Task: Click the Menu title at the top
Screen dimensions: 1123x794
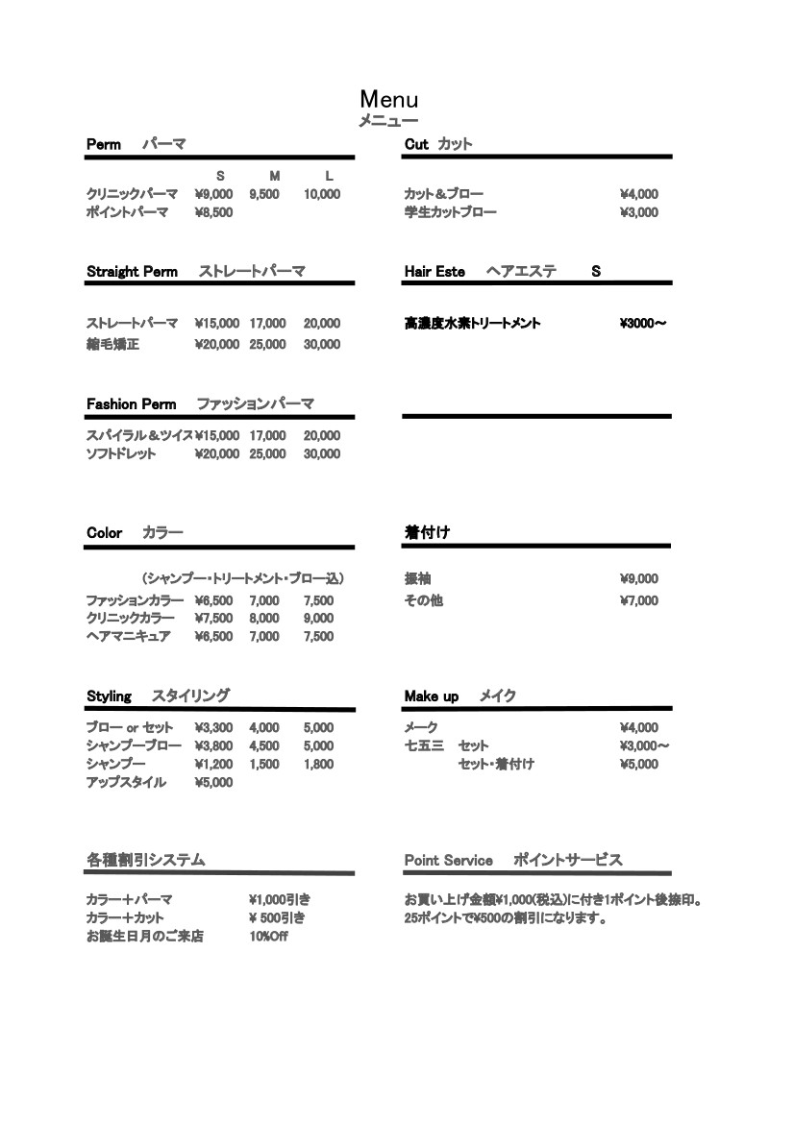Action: [388, 99]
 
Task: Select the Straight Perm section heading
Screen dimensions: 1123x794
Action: [132, 272]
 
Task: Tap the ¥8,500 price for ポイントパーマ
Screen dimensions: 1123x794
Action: [213, 212]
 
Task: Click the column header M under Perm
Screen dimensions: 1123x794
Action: [274, 176]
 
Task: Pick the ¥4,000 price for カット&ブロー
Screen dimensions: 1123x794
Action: [639, 194]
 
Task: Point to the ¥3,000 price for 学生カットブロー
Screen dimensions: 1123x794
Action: [639, 212]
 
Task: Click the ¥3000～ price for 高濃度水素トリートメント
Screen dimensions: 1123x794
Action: [643, 324]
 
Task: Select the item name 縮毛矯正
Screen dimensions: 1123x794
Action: [112, 344]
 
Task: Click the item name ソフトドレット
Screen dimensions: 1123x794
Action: [120, 454]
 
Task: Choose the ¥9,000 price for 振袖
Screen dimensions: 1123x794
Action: [639, 579]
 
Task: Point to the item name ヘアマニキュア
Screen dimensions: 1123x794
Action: [129, 636]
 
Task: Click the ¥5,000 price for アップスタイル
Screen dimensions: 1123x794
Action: [213, 782]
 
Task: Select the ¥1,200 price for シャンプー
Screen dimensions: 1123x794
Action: [213, 764]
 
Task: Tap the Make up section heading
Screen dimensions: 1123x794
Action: [431, 696]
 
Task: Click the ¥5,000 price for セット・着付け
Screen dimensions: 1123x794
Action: [639, 764]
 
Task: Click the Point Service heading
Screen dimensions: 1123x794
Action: [448, 861]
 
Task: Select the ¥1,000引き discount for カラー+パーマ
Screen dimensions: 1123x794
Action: [279, 899]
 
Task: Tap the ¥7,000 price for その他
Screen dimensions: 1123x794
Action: [639, 601]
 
